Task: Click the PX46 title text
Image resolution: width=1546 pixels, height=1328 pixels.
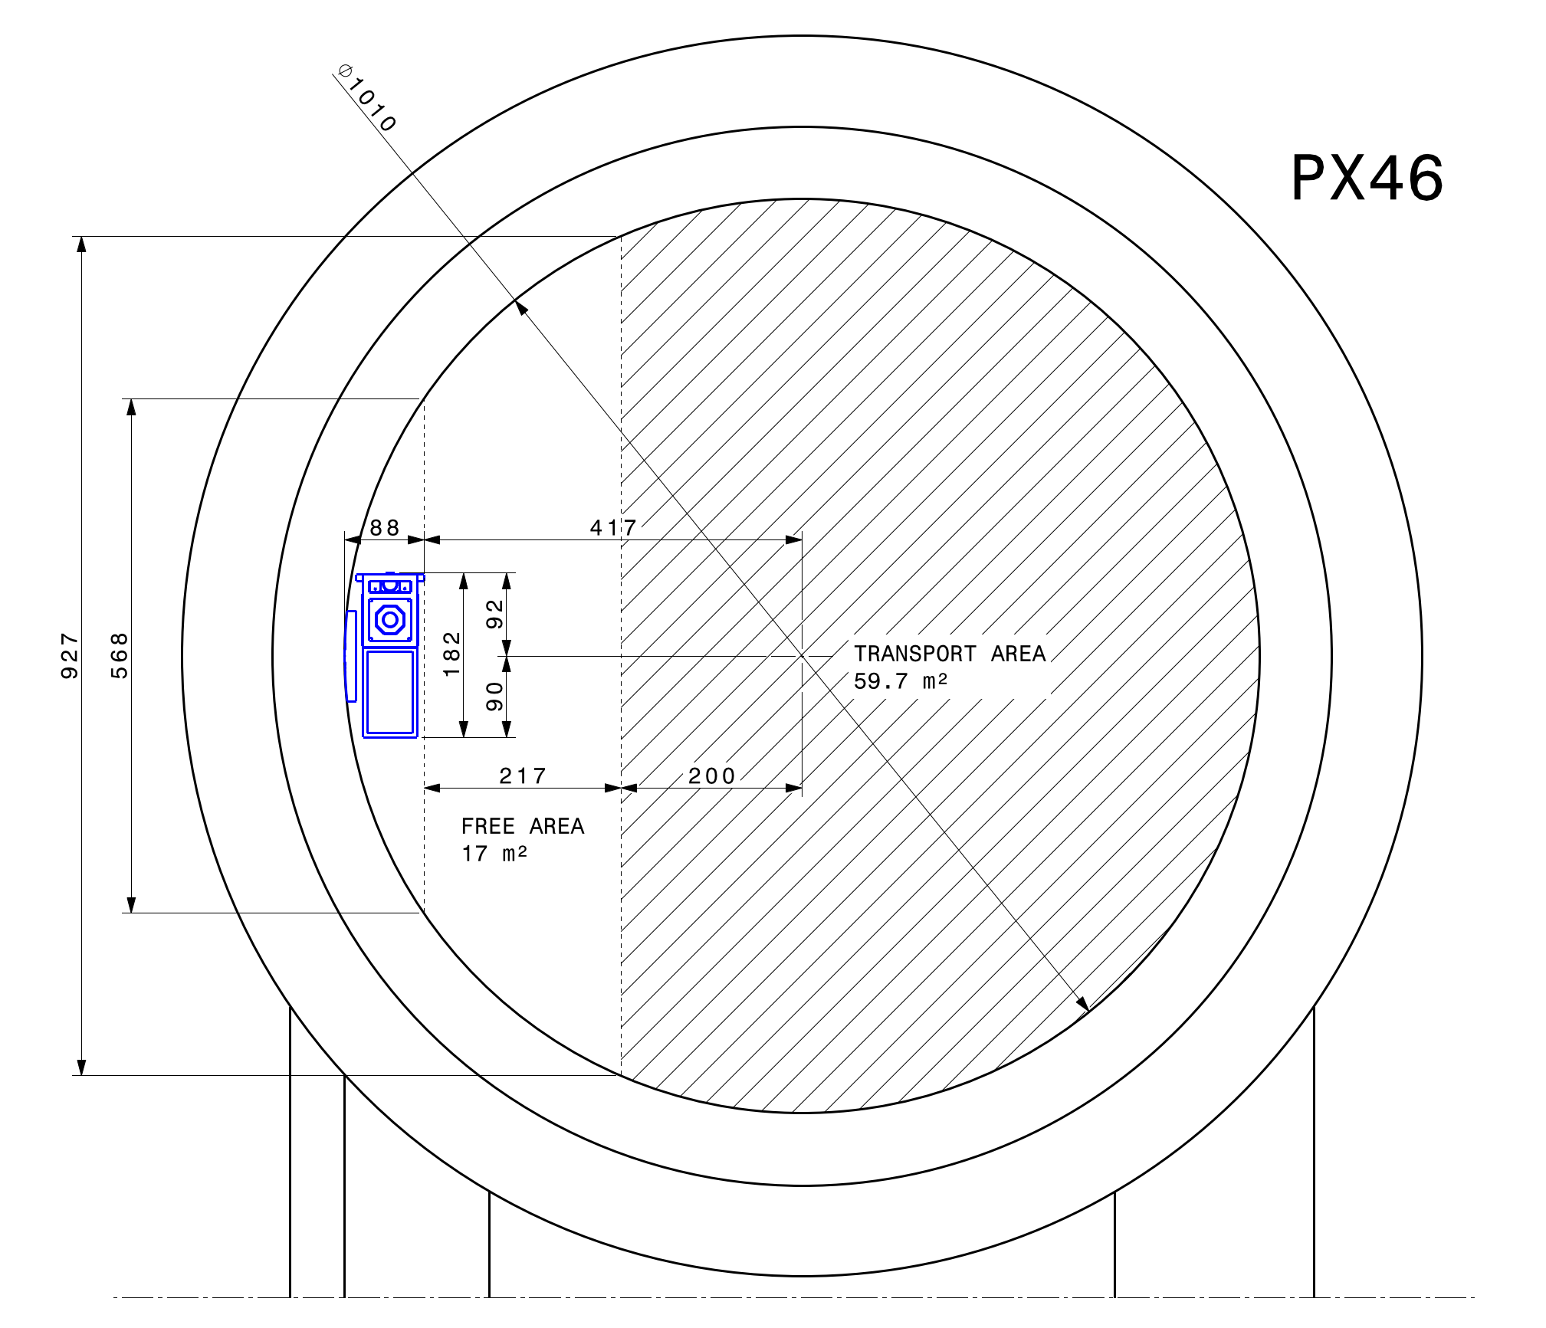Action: click(1367, 178)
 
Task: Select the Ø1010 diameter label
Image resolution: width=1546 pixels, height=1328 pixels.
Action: click(367, 98)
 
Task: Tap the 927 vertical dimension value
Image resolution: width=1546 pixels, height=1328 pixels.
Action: click(70, 656)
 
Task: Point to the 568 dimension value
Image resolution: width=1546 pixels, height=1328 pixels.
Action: click(120, 656)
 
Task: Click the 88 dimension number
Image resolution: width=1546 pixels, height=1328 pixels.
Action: click(385, 527)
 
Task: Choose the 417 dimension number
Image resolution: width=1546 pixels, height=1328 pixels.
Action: click(613, 527)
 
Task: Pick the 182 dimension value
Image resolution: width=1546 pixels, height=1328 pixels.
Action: click(452, 654)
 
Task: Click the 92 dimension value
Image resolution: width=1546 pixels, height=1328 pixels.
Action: click(495, 615)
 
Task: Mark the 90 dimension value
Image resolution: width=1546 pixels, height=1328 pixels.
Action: click(495, 697)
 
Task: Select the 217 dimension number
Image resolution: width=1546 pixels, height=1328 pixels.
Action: click(523, 776)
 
